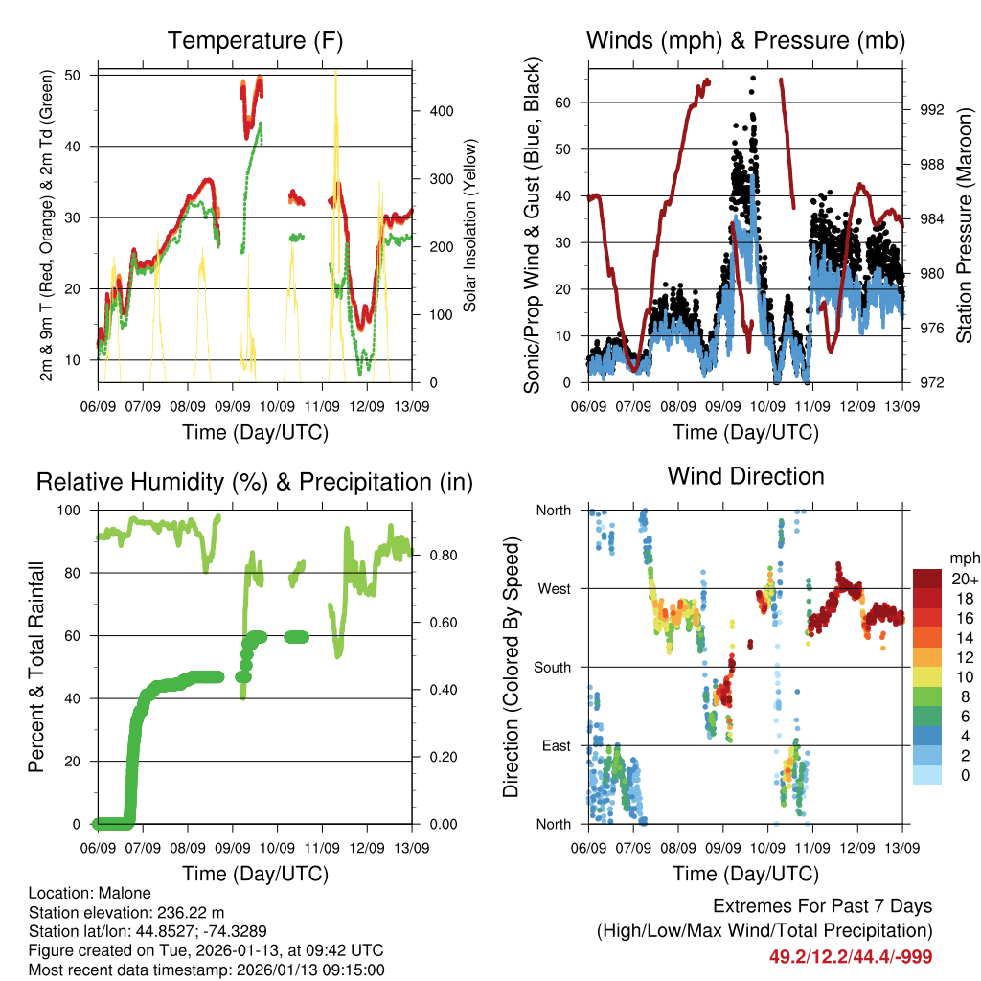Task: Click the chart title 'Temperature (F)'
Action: [x=255, y=40]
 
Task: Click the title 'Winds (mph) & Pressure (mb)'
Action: [x=745, y=40]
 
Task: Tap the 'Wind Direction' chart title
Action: [x=745, y=476]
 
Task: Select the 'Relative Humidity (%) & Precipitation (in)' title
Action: [x=255, y=482]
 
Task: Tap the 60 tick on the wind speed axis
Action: [x=563, y=103]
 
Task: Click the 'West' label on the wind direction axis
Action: [x=553, y=589]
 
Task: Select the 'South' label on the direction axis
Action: [x=551, y=668]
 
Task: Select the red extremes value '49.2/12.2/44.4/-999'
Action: [x=850, y=956]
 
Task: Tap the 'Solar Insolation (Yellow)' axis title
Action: [x=470, y=226]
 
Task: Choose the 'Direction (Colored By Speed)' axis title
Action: [x=511, y=668]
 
